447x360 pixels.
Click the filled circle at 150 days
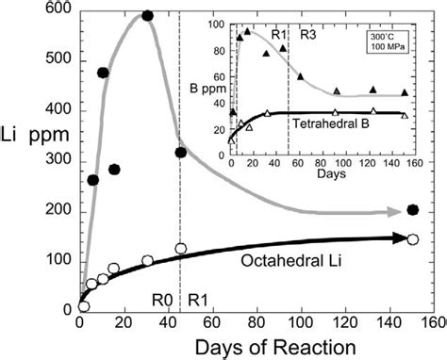tap(413, 209)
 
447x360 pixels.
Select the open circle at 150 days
tap(412, 239)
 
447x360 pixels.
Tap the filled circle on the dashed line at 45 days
tap(181, 152)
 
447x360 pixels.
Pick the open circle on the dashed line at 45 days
tap(181, 250)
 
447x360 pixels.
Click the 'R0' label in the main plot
tap(162, 301)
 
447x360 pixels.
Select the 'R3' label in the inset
tap(307, 35)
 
